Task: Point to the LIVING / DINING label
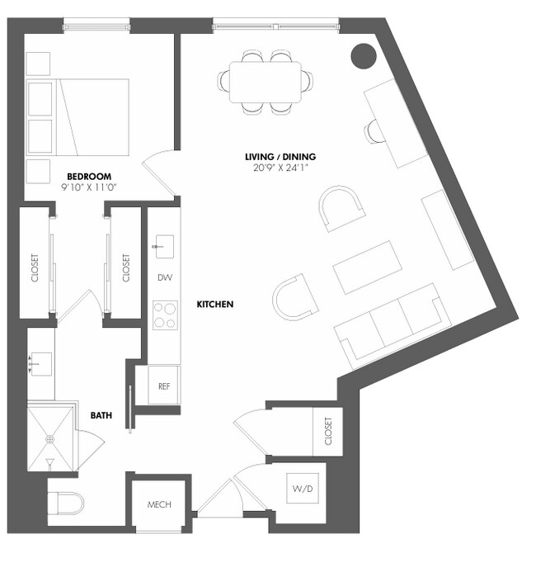click(280, 157)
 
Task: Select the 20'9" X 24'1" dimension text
click(280, 168)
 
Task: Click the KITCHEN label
click(214, 305)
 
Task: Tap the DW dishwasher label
click(164, 277)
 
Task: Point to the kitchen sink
click(162, 245)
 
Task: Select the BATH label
click(101, 416)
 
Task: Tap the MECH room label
click(159, 504)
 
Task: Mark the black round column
click(364, 55)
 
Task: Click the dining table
click(266, 81)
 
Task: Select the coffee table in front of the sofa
click(368, 267)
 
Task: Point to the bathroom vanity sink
click(40, 362)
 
